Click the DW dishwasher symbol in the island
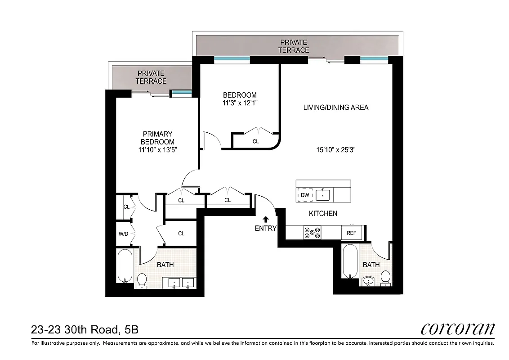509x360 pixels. tap(304, 195)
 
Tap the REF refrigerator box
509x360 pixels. tap(350, 233)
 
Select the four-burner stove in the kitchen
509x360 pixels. tap(312, 233)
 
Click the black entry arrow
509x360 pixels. tap(266, 219)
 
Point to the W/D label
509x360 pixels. tap(124, 234)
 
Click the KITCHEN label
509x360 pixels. tap(323, 213)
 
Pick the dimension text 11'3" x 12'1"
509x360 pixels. tap(240, 103)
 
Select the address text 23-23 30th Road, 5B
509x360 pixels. tap(85, 330)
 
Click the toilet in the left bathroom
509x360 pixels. tap(142, 279)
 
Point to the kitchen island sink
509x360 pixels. tap(323, 195)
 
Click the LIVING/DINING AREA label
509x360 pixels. tap(336, 107)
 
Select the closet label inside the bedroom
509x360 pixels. tap(255, 141)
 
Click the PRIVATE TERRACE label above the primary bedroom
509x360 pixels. tap(151, 77)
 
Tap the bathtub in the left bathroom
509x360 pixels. tap(124, 265)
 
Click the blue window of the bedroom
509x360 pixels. tap(232, 59)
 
